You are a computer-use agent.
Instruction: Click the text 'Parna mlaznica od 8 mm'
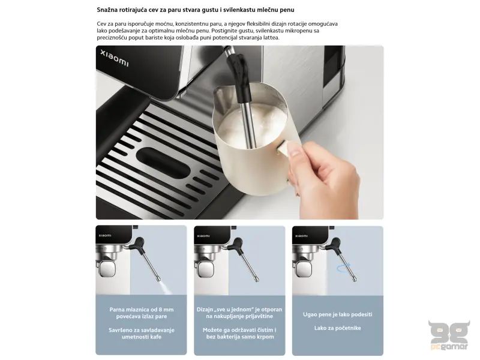142,310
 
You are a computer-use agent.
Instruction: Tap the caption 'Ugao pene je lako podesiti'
337,314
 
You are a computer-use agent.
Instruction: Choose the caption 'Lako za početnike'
337,328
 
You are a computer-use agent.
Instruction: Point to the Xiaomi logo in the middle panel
203,236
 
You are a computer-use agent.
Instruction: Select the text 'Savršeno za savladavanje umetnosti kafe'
142,333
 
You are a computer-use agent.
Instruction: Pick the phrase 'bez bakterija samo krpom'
239,337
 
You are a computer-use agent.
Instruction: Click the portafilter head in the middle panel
205,270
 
